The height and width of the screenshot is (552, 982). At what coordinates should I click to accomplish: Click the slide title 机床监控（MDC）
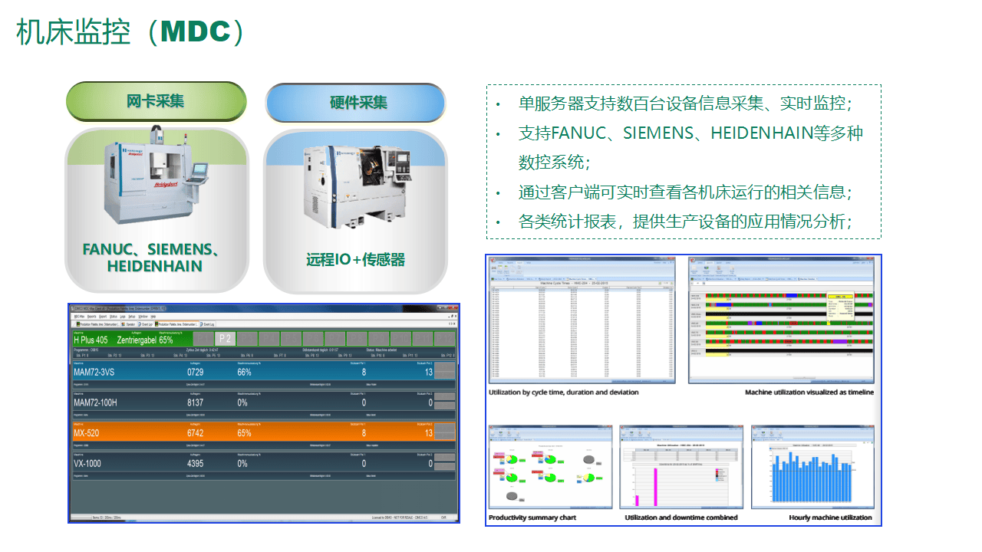pos(130,32)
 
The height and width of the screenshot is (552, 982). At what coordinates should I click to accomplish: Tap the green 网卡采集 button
pos(156,101)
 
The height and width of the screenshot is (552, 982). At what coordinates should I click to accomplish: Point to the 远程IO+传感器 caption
pos(355,260)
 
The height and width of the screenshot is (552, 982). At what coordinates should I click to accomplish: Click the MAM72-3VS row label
pos(94,372)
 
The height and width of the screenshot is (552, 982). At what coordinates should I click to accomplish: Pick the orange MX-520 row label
pos(88,433)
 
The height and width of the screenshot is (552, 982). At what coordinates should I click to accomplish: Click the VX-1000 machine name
pos(87,464)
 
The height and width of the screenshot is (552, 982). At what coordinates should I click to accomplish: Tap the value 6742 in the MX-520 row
pos(196,433)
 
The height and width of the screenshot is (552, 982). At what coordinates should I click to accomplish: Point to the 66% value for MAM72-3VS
pos(244,372)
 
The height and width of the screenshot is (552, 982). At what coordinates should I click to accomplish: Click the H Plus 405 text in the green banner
pos(91,339)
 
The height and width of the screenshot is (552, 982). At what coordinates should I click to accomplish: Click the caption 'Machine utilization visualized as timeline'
pos(809,393)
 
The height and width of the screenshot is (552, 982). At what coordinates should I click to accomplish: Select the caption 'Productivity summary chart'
pos(532,517)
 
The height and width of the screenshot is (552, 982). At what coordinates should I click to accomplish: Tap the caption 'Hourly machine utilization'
pos(830,517)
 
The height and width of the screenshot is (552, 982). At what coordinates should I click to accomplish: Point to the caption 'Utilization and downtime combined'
pos(681,517)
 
